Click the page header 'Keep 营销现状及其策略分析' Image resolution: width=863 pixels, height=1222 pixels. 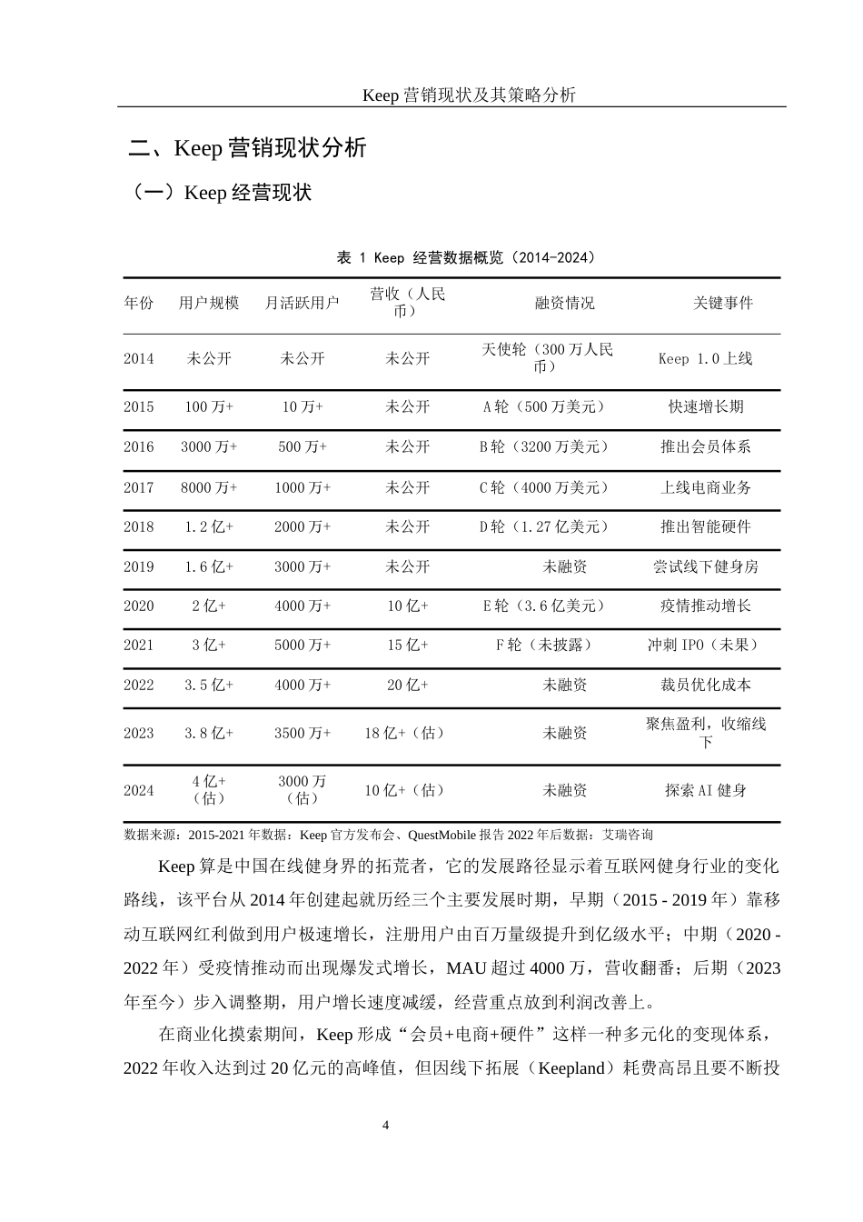(x=469, y=95)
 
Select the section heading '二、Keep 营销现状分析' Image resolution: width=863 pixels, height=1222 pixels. (x=248, y=147)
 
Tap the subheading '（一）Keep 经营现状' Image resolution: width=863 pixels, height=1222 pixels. (x=222, y=193)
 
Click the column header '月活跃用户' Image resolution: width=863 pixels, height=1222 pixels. (x=303, y=303)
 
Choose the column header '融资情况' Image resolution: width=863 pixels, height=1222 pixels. (x=564, y=303)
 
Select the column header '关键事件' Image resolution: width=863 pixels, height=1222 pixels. (x=723, y=303)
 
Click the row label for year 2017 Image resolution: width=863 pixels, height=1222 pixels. (x=139, y=487)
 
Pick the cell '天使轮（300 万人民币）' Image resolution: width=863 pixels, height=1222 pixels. (x=547, y=357)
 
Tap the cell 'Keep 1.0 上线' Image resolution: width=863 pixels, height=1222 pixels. (x=705, y=358)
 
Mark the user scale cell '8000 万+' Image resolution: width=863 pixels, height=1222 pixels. (x=209, y=487)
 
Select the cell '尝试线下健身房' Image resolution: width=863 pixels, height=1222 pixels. (x=705, y=566)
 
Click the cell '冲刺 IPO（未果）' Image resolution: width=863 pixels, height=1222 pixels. (x=705, y=645)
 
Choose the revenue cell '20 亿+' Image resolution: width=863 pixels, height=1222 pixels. (x=408, y=685)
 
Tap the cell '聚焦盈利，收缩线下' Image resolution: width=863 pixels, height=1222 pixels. (x=706, y=732)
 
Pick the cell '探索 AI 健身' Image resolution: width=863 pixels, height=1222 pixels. (x=705, y=790)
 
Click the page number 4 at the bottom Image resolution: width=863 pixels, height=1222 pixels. (x=386, y=1126)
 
